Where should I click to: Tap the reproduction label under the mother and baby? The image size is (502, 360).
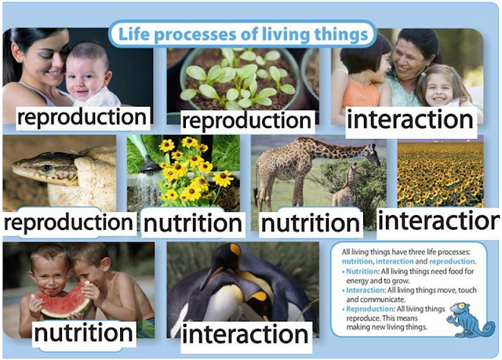[82, 118]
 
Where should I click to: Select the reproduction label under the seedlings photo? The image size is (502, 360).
[246, 121]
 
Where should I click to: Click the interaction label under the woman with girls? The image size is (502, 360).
[409, 119]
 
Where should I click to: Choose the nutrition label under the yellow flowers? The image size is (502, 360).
[193, 224]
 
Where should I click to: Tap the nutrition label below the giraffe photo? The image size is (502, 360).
[310, 224]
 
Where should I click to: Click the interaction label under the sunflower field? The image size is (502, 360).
[438, 221]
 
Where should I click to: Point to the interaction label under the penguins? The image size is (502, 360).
[246, 334]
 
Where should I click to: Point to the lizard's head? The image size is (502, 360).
[31, 167]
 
